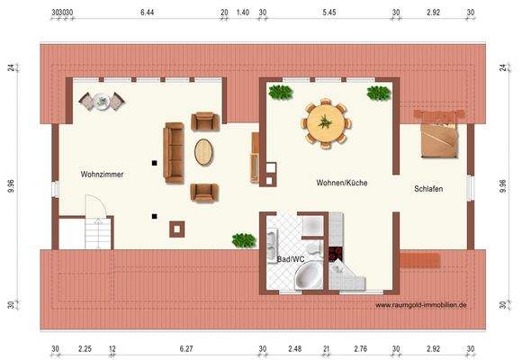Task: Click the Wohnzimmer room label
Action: pos(102,175)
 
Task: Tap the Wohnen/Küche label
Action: pos(341,183)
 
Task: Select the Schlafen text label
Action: pos(428,189)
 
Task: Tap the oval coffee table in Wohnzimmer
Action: pos(205,152)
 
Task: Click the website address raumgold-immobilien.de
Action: pos(420,305)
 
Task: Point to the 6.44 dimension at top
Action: pos(148,13)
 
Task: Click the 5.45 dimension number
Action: pos(328,13)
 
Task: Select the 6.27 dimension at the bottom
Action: pos(186,348)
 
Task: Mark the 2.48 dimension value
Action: pos(294,348)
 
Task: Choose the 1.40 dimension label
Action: pos(242,13)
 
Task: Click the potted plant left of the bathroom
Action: pos(243,240)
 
